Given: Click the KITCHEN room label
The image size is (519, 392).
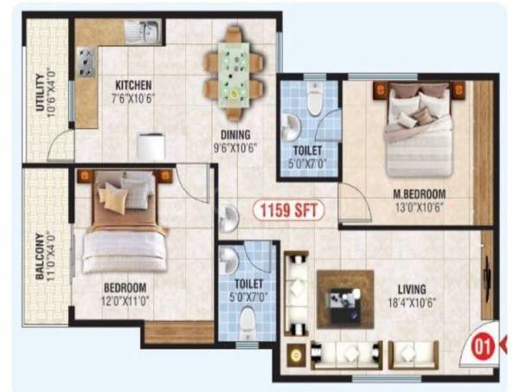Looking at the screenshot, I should (x=134, y=85).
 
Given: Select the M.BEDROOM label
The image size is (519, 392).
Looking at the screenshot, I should (x=419, y=192).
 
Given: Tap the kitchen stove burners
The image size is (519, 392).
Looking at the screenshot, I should (x=86, y=63).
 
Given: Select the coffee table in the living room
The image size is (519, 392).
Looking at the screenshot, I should (x=344, y=299).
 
